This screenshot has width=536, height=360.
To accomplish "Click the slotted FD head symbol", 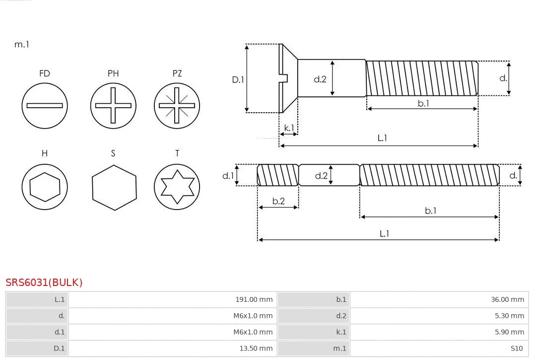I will (45, 105).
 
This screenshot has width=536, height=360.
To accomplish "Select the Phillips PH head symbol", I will (113, 105).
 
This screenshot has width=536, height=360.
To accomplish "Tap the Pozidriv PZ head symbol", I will (177, 105).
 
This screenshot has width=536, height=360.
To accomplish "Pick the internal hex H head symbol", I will (45, 187).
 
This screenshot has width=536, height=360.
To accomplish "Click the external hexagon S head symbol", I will (114, 187).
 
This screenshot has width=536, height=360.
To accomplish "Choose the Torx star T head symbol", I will (177, 187).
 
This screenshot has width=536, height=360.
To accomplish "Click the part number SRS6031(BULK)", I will (44, 283).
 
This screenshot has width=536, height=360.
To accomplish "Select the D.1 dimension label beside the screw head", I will (238, 79).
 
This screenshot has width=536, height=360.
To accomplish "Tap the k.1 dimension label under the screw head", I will (289, 128).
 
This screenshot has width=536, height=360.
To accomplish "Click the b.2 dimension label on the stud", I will (278, 201).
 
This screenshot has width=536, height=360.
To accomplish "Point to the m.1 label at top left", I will (22, 45).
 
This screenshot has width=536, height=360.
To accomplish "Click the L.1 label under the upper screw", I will (382, 138).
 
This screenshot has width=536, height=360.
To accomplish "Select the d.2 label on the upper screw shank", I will (320, 79).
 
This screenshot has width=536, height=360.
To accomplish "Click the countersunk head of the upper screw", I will (287, 78).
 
